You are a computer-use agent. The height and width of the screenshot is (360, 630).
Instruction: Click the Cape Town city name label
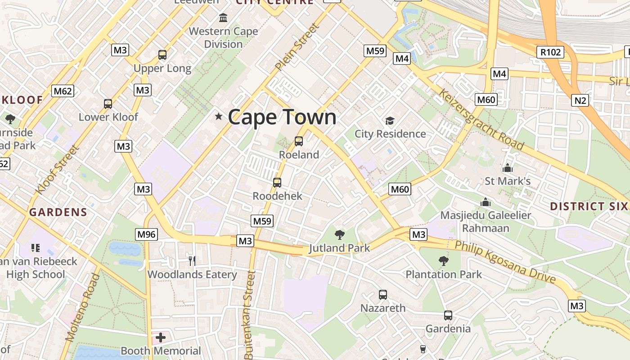[282, 117]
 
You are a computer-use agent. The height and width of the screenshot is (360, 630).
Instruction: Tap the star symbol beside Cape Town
[219, 117]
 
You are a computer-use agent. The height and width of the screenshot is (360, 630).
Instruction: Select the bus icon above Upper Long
[162, 55]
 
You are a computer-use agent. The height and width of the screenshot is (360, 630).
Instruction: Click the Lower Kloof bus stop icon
[108, 103]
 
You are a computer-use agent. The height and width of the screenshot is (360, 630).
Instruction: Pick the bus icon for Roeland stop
[299, 141]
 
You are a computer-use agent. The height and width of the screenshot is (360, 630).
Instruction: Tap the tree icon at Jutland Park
[340, 234]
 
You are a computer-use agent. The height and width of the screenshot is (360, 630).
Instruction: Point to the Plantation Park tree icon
[444, 261]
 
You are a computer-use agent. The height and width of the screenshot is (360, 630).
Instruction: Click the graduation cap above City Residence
[390, 121]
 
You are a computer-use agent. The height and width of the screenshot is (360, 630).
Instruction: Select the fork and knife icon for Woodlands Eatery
[192, 261]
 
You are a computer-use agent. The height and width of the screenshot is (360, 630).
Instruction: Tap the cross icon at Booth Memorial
[161, 337]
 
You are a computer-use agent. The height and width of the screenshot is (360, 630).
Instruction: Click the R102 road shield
[551, 52]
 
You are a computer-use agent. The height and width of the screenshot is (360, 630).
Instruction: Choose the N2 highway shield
[580, 100]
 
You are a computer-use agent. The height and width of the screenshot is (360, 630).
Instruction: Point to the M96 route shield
[146, 234]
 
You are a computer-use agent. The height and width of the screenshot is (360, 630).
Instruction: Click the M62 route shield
[63, 91]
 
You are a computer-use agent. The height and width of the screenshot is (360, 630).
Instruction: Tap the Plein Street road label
[297, 47]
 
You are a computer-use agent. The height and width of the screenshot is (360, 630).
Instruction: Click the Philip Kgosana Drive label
[505, 262]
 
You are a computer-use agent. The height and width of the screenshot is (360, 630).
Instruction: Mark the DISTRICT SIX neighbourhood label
[589, 207]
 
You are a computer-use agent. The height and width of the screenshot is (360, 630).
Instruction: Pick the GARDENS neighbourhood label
[58, 212]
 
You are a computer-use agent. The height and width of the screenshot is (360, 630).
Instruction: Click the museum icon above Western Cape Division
[223, 18]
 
